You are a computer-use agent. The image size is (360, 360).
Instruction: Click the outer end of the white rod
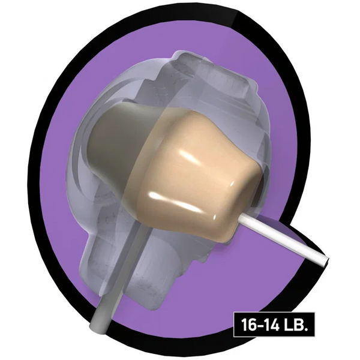pos(326,262)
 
